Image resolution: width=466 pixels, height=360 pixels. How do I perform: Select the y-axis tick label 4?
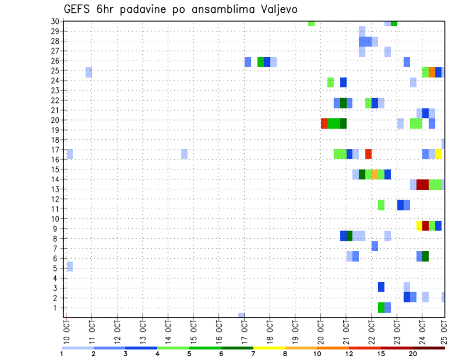pos(56,278)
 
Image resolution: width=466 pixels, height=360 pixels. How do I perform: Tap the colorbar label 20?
pos(413,354)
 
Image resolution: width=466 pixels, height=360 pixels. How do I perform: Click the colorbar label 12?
pos(349,354)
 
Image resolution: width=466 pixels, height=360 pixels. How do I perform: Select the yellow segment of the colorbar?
pos(269,347)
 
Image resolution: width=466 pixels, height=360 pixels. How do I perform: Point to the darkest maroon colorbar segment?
pos(429,347)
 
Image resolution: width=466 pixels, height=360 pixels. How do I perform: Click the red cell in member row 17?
pos(368,154)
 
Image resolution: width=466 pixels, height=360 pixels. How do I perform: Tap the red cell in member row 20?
pos(324,124)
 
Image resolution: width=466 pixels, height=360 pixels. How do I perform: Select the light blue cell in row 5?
pos(70,266)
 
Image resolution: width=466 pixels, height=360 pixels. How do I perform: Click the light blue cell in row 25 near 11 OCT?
pos(89,72)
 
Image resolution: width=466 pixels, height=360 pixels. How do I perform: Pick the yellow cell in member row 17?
pos(438,154)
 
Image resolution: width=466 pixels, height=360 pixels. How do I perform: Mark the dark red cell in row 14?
pos(422,184)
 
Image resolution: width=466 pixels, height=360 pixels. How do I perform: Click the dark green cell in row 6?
pos(426,256)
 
